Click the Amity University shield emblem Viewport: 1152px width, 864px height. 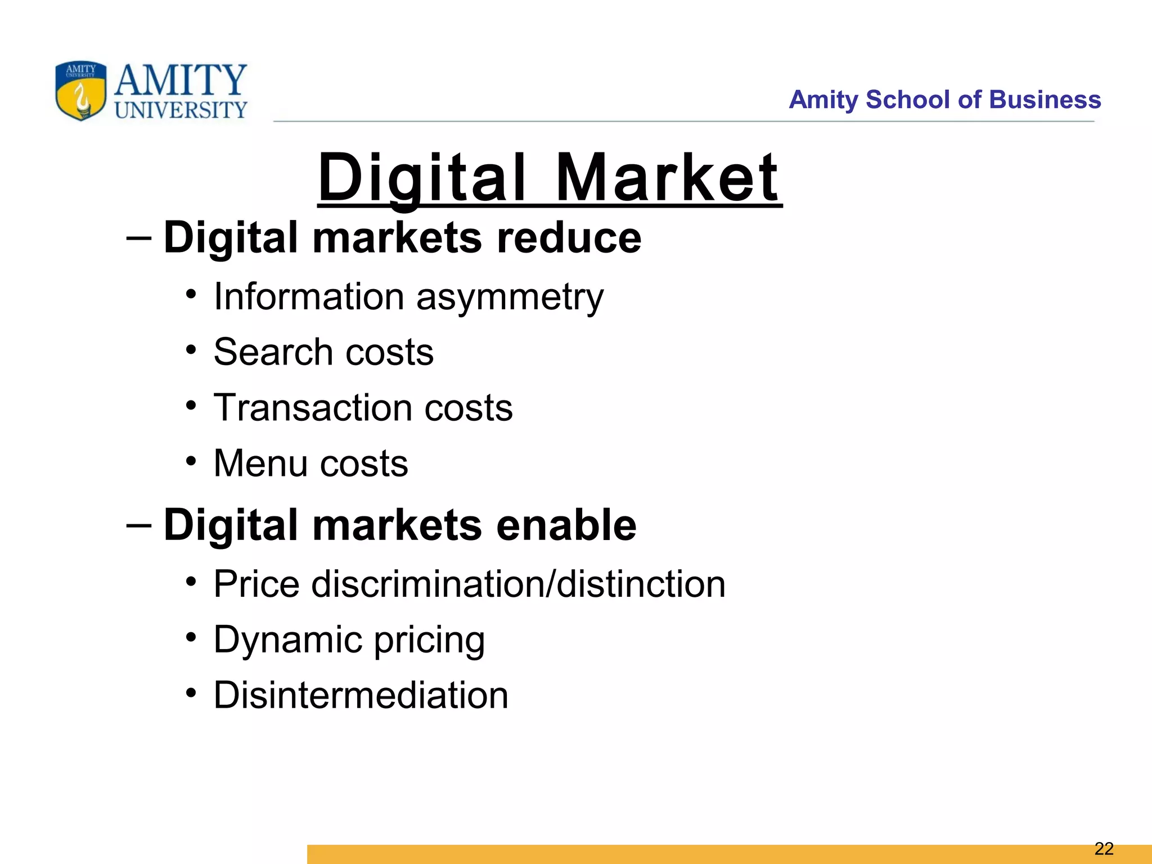[x=80, y=91]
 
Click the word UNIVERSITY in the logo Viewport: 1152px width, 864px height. [x=181, y=110]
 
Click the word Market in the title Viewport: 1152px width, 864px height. [x=668, y=178]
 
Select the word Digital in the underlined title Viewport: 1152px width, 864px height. [x=422, y=178]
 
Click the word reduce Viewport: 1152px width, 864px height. [x=569, y=237]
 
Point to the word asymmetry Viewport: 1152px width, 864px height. [x=510, y=297]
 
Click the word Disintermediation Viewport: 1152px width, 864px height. [x=361, y=695]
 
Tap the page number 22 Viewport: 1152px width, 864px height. [x=1104, y=848]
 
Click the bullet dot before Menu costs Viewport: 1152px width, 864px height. [x=191, y=461]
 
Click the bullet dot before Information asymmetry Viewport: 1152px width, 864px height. [x=191, y=294]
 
